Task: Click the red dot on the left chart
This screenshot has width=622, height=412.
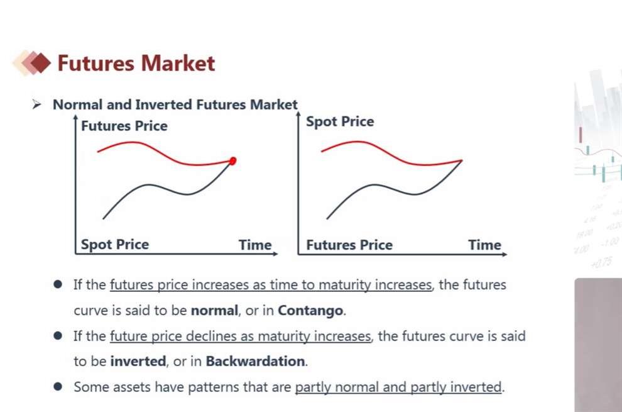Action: click(233, 161)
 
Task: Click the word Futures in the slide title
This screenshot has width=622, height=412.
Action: click(96, 63)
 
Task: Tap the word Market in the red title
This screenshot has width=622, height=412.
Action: click(178, 63)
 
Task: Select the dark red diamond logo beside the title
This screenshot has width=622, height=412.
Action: click(40, 63)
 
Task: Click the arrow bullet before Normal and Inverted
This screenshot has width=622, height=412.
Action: click(37, 105)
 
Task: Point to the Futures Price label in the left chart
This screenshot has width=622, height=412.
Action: click(124, 126)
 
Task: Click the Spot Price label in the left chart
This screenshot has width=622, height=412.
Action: click(115, 244)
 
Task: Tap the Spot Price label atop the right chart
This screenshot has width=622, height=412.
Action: click(340, 121)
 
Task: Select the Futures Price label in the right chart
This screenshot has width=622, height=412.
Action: click(349, 245)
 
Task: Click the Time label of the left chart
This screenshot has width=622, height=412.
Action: click(255, 245)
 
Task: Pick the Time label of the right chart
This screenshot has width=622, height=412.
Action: click(485, 245)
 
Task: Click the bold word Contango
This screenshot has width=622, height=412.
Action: click(310, 310)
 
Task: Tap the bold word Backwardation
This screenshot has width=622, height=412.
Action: click(256, 361)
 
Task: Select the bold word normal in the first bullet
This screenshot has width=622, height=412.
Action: click(215, 310)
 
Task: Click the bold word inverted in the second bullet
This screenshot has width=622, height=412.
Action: click(138, 361)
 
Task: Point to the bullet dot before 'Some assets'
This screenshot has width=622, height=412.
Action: click(58, 387)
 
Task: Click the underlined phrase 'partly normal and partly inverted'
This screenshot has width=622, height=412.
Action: click(399, 387)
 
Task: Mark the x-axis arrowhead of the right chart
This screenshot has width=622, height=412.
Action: click(505, 254)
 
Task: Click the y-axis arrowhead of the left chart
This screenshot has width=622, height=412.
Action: click(75, 117)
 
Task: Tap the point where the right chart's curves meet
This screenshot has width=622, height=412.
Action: click(462, 160)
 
